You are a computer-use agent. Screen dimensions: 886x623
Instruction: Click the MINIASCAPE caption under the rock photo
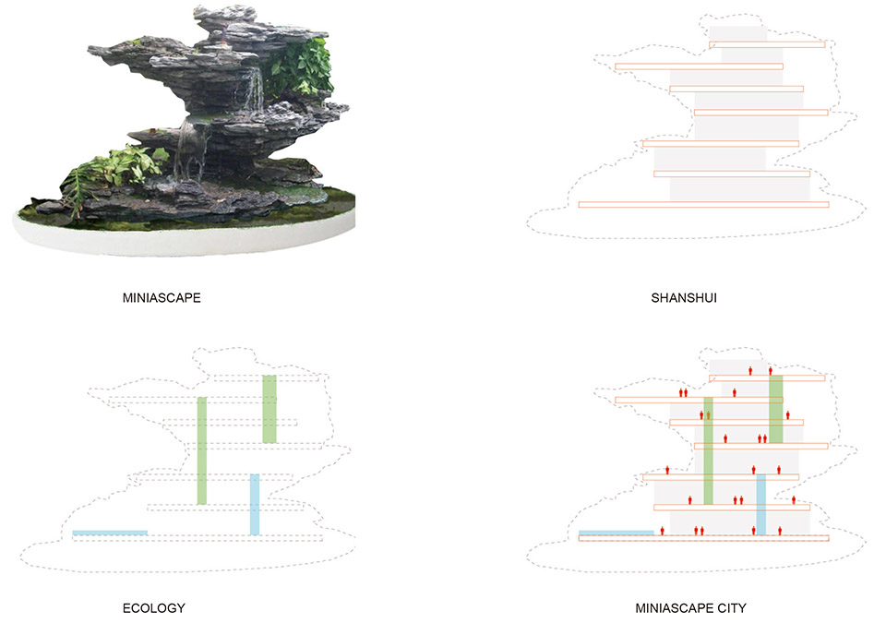162,298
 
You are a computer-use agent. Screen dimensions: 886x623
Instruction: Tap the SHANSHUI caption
684,298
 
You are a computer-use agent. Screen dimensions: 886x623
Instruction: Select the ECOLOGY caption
154,608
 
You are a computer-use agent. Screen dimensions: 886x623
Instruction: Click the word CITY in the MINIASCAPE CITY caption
732,608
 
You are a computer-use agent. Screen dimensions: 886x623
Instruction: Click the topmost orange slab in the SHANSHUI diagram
767,44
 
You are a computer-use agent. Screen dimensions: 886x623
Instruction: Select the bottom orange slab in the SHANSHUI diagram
703,205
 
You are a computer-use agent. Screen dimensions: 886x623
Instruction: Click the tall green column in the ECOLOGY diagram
202,450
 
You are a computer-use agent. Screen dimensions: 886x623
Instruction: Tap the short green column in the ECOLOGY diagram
269,409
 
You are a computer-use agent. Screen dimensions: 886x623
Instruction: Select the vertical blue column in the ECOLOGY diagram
255,504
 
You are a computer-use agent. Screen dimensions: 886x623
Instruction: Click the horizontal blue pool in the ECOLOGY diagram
110,533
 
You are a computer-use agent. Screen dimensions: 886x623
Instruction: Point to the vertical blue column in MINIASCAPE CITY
761,505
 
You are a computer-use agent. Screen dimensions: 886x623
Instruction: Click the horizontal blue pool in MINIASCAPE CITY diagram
616,533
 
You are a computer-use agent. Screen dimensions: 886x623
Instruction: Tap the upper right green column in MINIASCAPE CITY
776,409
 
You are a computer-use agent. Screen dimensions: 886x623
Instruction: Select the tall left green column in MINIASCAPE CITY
708,450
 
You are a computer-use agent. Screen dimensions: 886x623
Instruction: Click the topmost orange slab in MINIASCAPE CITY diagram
767,378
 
